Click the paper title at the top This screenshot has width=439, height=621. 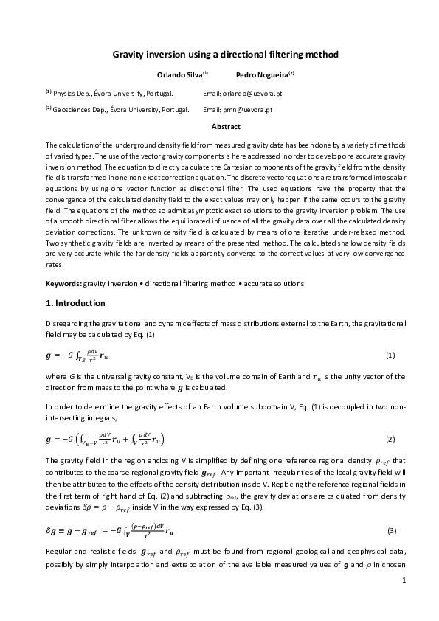point(219,55)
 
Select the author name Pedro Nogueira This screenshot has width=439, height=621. point(263,74)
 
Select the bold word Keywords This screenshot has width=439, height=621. point(63,283)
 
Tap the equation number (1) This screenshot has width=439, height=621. point(391,355)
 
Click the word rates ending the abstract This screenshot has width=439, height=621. point(53,265)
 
